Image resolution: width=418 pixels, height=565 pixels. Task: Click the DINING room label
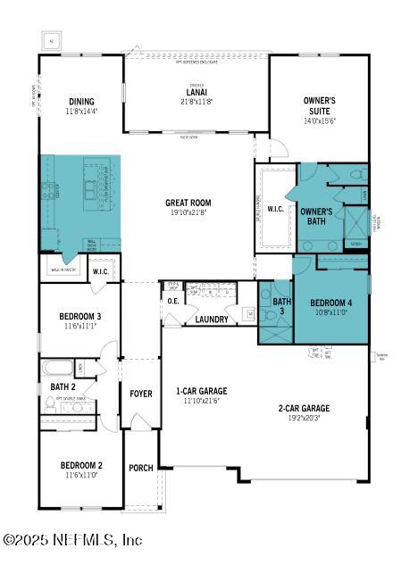tap(80, 102)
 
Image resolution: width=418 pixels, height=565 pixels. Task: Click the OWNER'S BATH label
tap(315, 216)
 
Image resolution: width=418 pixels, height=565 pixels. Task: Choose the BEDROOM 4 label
tap(330, 303)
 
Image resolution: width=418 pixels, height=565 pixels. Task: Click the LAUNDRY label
tap(212, 320)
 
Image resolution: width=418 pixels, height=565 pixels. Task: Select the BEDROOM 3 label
tap(80, 317)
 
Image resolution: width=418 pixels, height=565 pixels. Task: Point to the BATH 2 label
tap(63, 386)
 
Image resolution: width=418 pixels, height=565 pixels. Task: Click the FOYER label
tap(141, 394)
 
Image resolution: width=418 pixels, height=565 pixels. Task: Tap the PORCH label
tap(141, 468)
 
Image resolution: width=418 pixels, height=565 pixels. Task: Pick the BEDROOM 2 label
tap(81, 465)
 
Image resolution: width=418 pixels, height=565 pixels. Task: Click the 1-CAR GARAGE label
tap(201, 391)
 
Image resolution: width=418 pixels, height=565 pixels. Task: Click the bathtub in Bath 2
tap(59, 367)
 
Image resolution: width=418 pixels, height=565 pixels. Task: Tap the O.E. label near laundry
tap(173, 301)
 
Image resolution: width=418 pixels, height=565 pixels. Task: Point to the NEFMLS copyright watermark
tap(73, 540)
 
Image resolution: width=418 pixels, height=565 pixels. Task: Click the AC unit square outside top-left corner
tap(50, 40)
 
